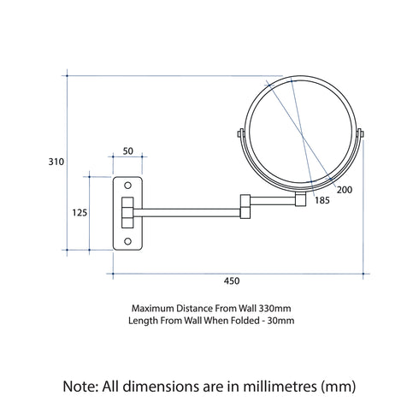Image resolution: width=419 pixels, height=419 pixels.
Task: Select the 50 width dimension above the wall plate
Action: point(128,150)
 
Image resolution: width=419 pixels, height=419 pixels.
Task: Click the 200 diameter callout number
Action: point(345,189)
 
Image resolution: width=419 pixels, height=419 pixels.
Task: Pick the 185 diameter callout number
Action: point(322,200)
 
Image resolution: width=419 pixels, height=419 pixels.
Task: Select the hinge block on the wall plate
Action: point(127,212)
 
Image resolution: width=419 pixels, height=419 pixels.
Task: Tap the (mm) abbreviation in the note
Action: point(335,386)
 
